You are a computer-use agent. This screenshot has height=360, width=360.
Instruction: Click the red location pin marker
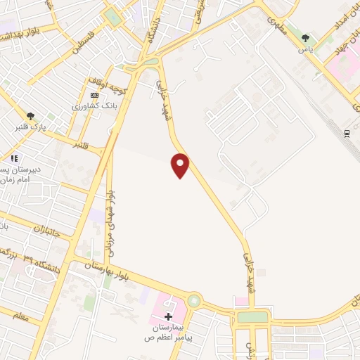point(181,165)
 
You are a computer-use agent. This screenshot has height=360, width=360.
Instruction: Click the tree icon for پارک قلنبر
point(30,115)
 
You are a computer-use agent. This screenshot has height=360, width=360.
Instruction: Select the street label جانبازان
point(51,230)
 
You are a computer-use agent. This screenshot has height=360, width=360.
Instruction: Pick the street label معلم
point(21,317)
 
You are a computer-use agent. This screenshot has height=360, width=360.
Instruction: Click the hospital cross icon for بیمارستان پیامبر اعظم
point(168,316)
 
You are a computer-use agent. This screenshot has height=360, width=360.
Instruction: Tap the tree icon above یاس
point(305,38)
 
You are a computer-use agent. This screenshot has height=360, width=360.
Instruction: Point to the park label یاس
point(305,50)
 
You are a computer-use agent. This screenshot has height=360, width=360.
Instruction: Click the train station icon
point(347,132)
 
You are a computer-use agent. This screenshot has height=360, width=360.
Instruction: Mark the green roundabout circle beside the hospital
point(193,301)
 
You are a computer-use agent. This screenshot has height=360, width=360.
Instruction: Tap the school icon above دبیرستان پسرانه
point(13,159)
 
